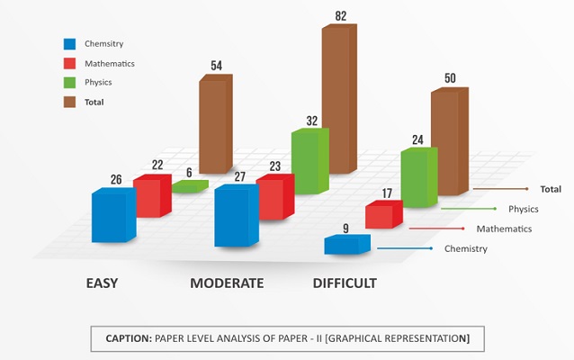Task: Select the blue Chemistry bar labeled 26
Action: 113,216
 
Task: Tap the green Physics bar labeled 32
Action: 305,162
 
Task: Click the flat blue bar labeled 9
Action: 346,244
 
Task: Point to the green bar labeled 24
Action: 418,178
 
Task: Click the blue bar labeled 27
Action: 236,216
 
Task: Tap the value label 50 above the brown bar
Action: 450,78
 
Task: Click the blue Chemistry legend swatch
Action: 69,43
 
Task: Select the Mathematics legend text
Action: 109,63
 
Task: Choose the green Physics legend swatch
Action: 69,83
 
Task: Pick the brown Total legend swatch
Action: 69,103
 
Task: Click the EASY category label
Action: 102,283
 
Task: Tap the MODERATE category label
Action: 227,283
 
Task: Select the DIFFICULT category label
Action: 345,283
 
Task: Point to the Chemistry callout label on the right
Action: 466,248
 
